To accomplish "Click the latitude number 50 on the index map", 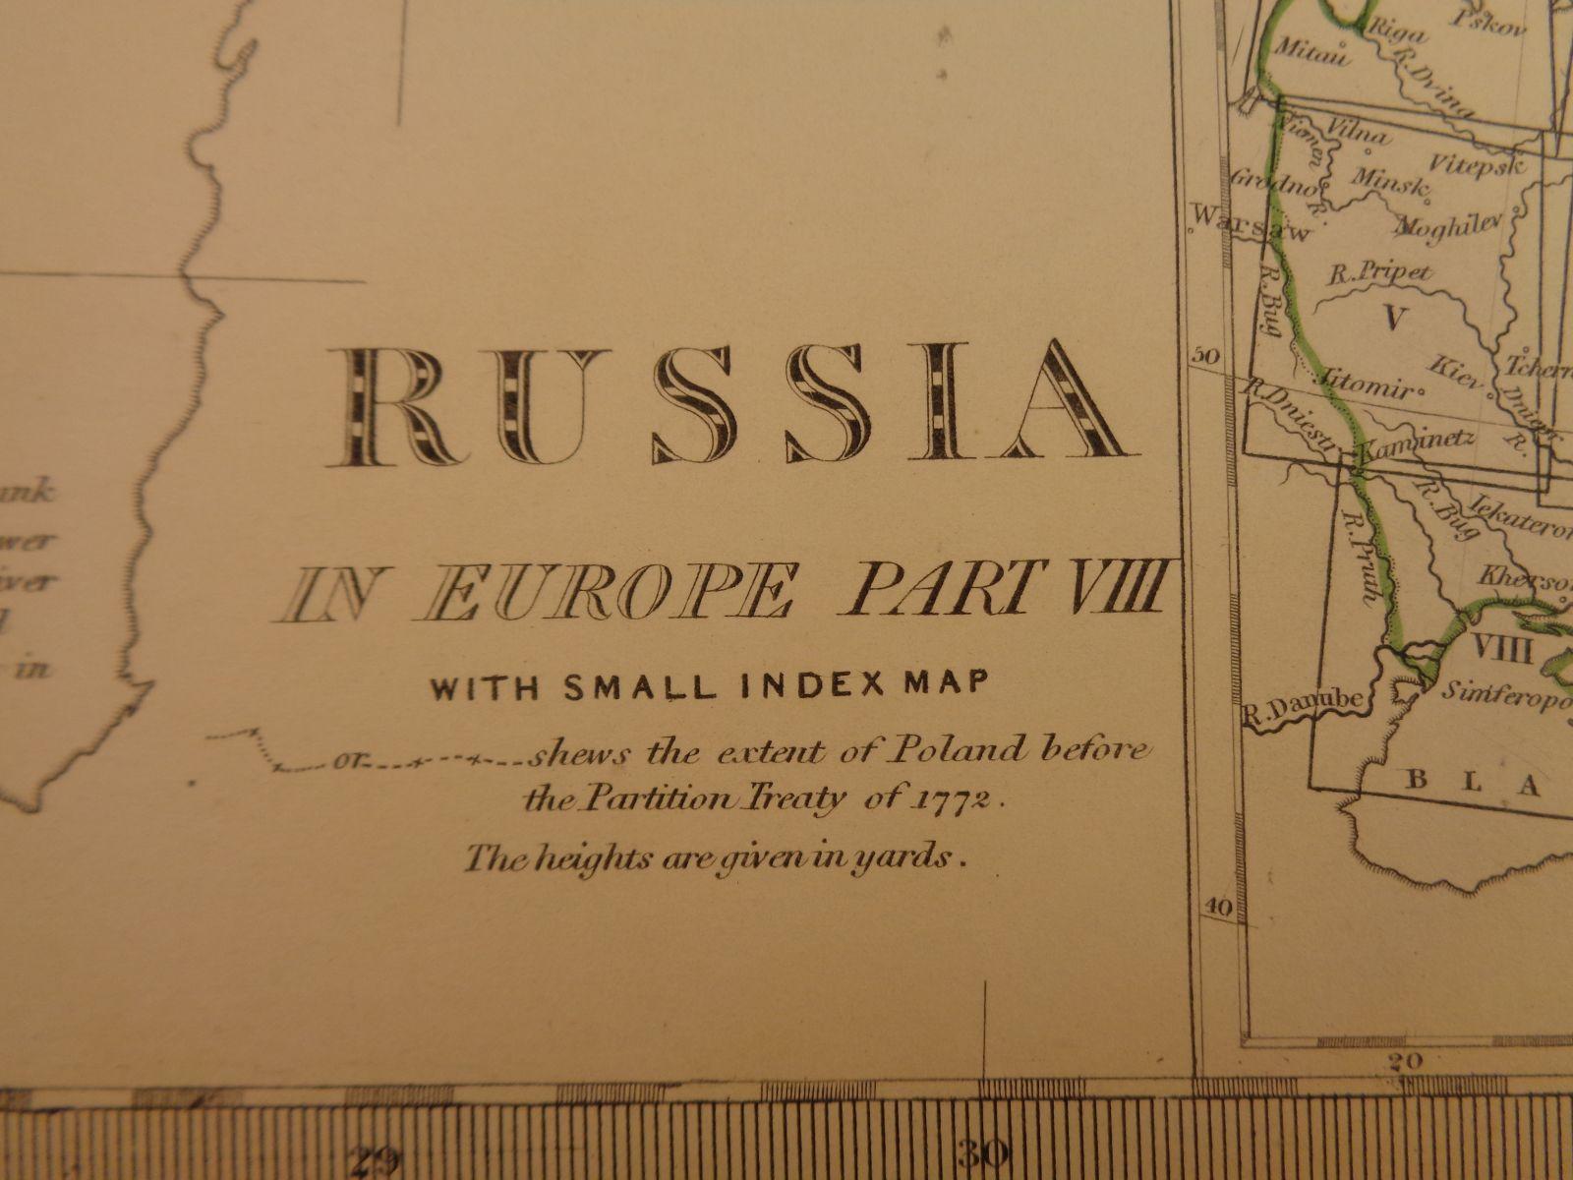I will click(x=1204, y=356).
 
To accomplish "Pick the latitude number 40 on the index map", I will click(x=1217, y=909).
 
